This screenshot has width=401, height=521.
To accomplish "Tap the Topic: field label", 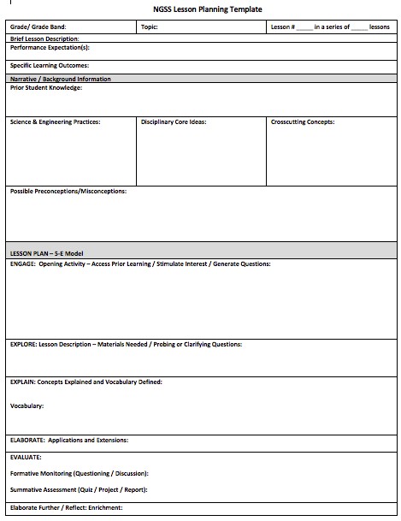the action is coord(150,27).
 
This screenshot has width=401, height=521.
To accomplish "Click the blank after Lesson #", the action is coord(304,28).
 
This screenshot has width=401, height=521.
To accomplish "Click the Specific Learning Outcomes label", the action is coord(49,65).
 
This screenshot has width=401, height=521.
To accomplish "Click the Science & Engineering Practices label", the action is coord(55,122).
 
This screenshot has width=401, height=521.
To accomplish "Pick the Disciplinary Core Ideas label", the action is coord(174,122).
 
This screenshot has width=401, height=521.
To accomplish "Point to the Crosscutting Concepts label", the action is coord(302,122).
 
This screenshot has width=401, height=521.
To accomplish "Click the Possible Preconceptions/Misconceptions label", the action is coord(68,192).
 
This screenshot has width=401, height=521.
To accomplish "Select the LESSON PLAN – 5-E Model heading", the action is coord(47,254).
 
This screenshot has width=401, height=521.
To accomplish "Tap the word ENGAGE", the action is coord(22,264).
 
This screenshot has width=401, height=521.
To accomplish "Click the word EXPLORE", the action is coord(23,345).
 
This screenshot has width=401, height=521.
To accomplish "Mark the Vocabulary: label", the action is coord(27,406).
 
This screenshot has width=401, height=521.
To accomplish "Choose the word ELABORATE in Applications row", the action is coord(27,441).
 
